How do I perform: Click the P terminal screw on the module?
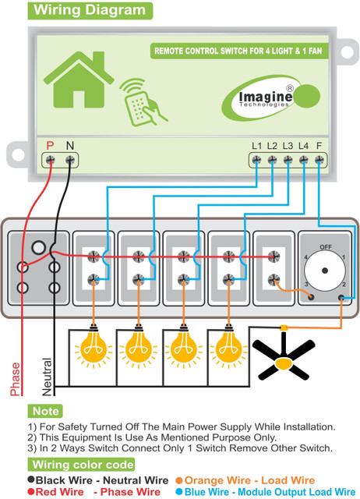coord(50,160)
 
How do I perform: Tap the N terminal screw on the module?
coord(70,160)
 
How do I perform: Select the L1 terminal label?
coord(256,146)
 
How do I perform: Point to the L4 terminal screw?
coord(304,160)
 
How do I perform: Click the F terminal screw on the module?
coord(319,160)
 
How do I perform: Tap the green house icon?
coord(79,80)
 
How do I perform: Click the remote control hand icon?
coord(143,102)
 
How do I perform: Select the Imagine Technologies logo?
coord(270,97)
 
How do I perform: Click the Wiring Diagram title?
coord(90,10)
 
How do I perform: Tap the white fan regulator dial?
coord(325,271)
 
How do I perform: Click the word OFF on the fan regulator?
coord(326,247)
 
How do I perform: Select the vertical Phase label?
coord(15,379)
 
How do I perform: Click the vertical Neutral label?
coord(47,377)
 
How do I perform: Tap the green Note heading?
coord(45,411)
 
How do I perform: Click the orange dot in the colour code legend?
coord(179,480)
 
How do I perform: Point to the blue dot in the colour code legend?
coord(179,492)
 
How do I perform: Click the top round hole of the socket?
coord(39,247)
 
